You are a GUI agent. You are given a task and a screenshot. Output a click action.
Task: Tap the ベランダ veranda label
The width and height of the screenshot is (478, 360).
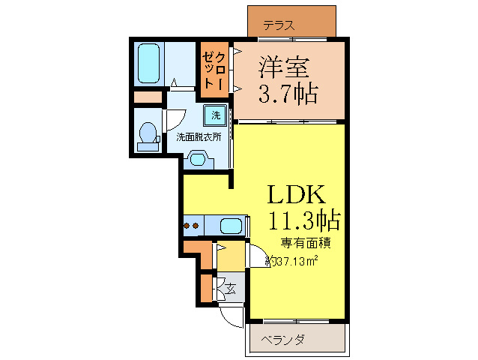(x=283, y=340)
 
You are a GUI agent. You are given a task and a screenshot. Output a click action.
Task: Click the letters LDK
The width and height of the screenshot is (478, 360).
(x=297, y=194)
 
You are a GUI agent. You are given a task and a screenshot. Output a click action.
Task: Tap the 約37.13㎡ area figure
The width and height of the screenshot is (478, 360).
(x=294, y=261)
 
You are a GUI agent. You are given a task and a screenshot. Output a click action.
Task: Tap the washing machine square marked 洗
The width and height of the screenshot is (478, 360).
(x=216, y=115)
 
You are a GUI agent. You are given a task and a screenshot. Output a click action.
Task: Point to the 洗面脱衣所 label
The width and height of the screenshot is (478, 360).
(x=198, y=137)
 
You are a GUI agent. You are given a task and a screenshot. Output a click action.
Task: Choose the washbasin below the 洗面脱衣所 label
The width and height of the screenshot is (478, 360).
(x=198, y=158)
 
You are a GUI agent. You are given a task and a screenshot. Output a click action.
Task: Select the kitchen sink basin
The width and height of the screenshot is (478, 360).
(x=232, y=225)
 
